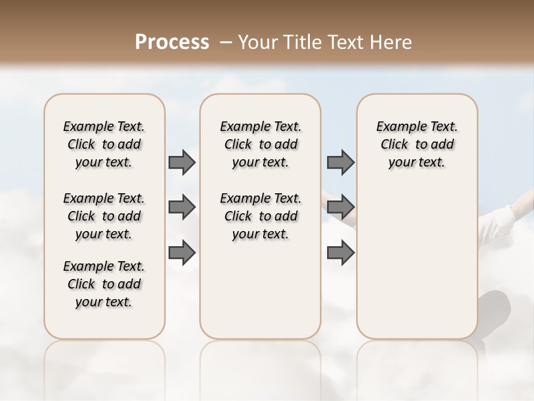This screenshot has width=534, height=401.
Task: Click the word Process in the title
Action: coord(172,42)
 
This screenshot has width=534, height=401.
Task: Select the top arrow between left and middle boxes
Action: coord(182,163)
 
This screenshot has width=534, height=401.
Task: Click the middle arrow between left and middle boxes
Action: coord(182,208)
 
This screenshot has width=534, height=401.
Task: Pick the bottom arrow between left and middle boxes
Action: coord(182,253)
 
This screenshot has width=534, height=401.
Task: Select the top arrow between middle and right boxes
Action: coord(340,163)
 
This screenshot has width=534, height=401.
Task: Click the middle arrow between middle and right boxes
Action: coord(340,208)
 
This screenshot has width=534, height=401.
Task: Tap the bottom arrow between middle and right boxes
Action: coord(340,253)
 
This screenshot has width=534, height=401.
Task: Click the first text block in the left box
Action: coord(104,144)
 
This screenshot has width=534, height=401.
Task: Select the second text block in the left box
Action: coord(104,216)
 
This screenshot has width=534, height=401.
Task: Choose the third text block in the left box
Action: coord(104,284)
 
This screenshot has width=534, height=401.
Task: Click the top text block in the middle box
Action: coord(260,144)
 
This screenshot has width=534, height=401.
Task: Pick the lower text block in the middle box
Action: coord(260,216)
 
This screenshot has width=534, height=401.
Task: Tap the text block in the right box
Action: coord(417,144)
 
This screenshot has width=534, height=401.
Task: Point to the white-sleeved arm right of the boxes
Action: coord(503,214)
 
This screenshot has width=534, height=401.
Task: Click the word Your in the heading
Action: coord(258,42)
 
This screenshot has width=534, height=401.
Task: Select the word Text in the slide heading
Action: coord(345,42)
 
